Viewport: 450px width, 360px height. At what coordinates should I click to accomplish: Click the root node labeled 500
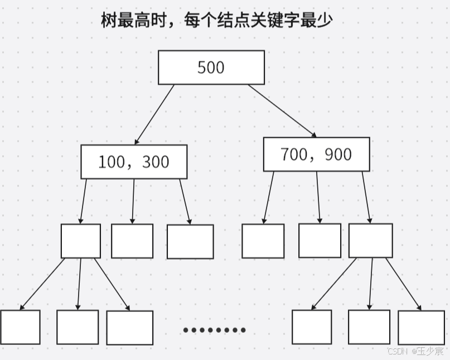click(x=211, y=68)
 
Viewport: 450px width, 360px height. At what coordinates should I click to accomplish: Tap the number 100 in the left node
click(x=112, y=162)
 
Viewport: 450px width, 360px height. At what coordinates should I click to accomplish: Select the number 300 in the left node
click(x=156, y=162)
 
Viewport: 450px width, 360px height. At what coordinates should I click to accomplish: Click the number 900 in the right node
click(x=338, y=154)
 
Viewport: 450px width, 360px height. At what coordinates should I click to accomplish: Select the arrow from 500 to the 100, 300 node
click(x=154, y=114)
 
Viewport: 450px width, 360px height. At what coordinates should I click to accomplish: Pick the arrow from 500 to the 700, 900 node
click(x=282, y=111)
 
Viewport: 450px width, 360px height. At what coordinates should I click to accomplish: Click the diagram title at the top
click(x=216, y=21)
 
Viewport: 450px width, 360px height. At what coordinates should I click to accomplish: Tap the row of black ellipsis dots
click(x=215, y=330)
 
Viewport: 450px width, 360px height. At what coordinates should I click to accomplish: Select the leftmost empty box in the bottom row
click(x=20, y=327)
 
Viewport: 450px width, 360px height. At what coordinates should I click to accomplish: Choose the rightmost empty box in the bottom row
click(x=421, y=328)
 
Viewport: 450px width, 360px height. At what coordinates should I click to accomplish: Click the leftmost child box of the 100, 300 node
click(x=81, y=241)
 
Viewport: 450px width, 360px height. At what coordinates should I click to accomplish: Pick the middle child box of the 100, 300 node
click(x=132, y=241)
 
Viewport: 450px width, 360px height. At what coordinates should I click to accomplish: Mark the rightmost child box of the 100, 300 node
click(x=190, y=242)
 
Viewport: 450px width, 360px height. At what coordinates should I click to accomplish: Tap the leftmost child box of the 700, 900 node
click(x=263, y=241)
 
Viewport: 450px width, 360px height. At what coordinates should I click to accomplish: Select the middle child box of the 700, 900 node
click(x=320, y=241)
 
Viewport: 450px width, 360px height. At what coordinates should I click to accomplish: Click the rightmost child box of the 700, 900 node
click(x=370, y=241)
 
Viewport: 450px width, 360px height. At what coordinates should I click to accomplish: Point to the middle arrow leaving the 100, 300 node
click(x=133, y=201)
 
